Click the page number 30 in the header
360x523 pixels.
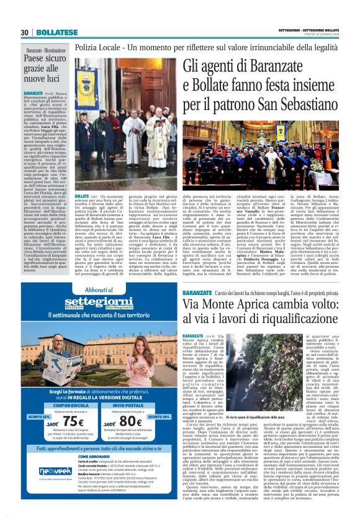pyautogui.click(x=25, y=32)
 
